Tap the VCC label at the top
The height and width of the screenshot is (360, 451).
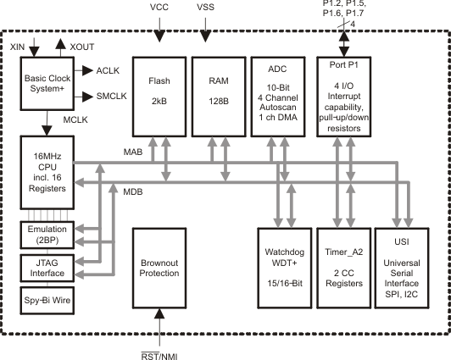click(x=159, y=8)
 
